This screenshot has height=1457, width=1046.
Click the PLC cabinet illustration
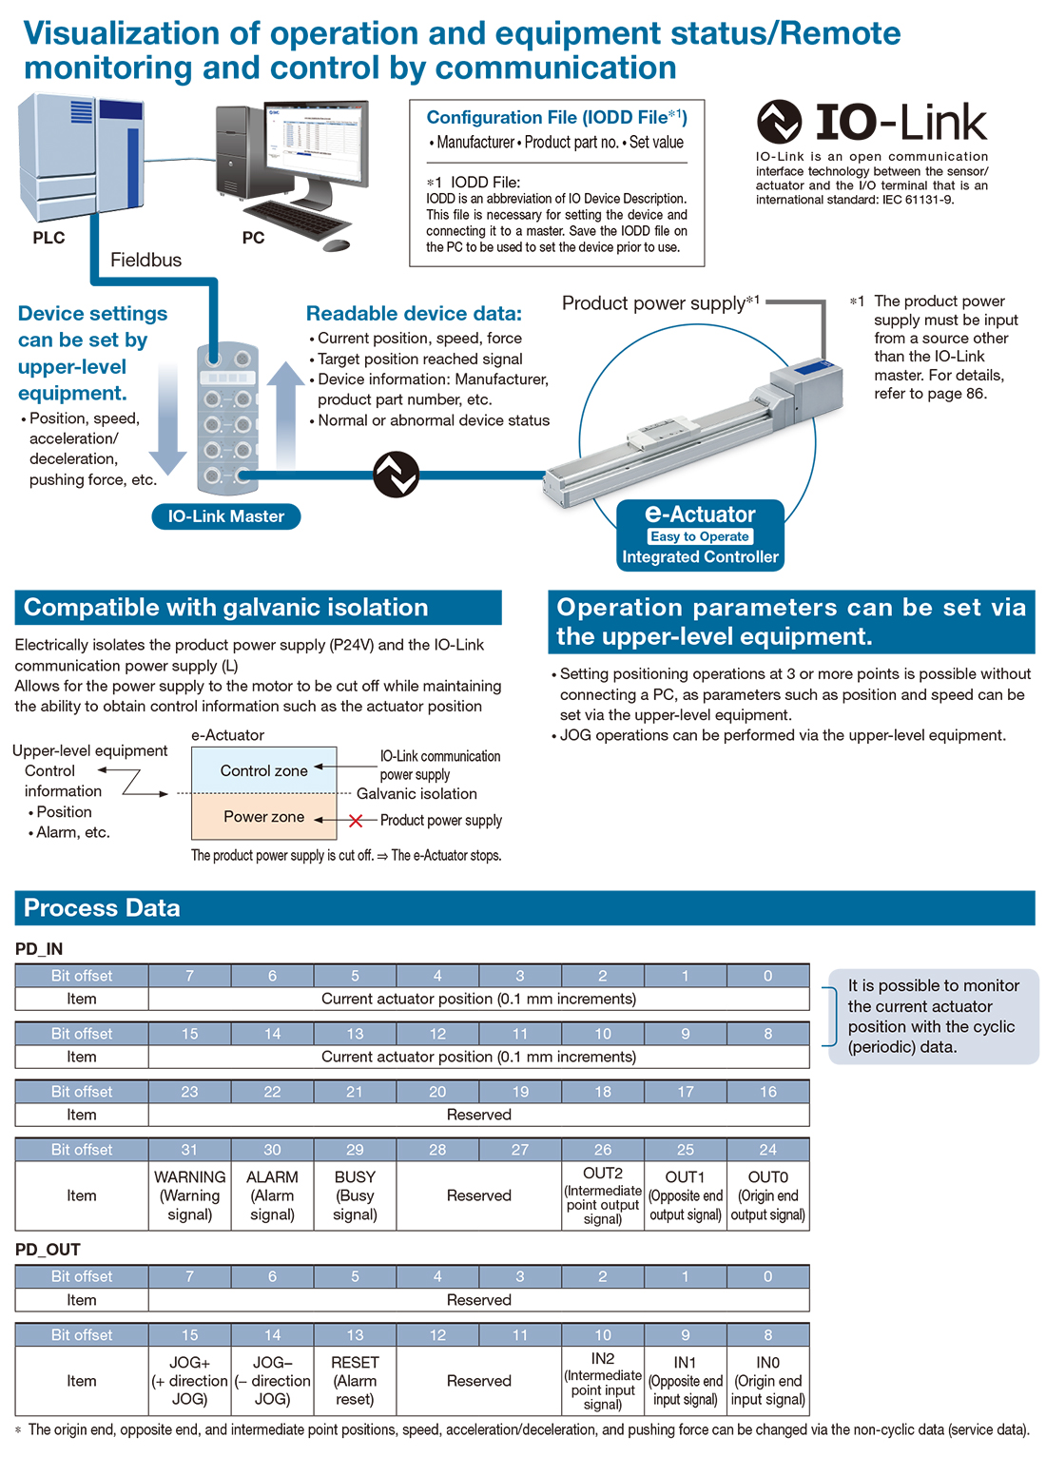point(80,158)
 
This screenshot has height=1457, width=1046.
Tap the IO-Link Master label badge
point(226,516)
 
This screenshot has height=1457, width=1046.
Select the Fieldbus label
point(145,260)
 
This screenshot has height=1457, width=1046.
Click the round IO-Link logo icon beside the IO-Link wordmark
point(780,122)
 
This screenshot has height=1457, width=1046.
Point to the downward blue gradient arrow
point(167,418)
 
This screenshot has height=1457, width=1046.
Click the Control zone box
point(264,770)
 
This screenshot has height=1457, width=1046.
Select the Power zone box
point(264,817)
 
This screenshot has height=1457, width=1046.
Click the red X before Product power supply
point(356,820)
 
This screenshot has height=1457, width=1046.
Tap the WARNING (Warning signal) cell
point(190,1195)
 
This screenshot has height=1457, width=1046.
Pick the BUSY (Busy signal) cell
point(355,1195)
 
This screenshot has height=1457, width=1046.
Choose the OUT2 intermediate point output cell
point(603,1195)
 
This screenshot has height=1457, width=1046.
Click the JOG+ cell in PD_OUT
point(190,1381)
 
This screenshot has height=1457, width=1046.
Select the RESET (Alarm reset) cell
point(355,1381)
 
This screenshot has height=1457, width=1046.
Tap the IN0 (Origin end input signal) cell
point(767,1381)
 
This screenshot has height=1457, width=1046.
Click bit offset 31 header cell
point(190,1150)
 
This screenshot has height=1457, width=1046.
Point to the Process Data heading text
point(102,908)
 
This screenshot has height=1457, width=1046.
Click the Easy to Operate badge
point(700,536)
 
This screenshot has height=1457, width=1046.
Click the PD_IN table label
point(39,949)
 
